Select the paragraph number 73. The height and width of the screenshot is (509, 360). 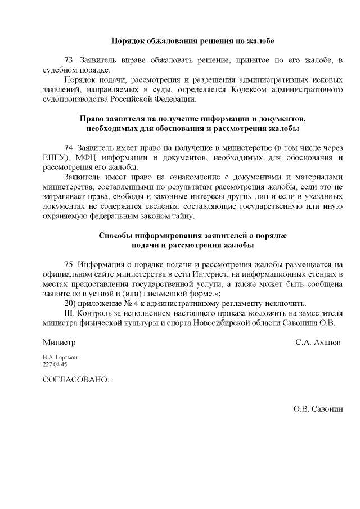[x=71, y=60]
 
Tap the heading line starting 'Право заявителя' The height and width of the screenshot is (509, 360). [x=192, y=119]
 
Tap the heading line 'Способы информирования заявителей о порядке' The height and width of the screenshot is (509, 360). [x=192, y=236]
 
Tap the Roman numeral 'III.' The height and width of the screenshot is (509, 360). [x=71, y=313]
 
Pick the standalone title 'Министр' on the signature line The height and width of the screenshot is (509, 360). [x=59, y=342]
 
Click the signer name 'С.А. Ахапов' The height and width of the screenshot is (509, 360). [x=318, y=342]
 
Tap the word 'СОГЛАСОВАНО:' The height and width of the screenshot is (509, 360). [x=75, y=379]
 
